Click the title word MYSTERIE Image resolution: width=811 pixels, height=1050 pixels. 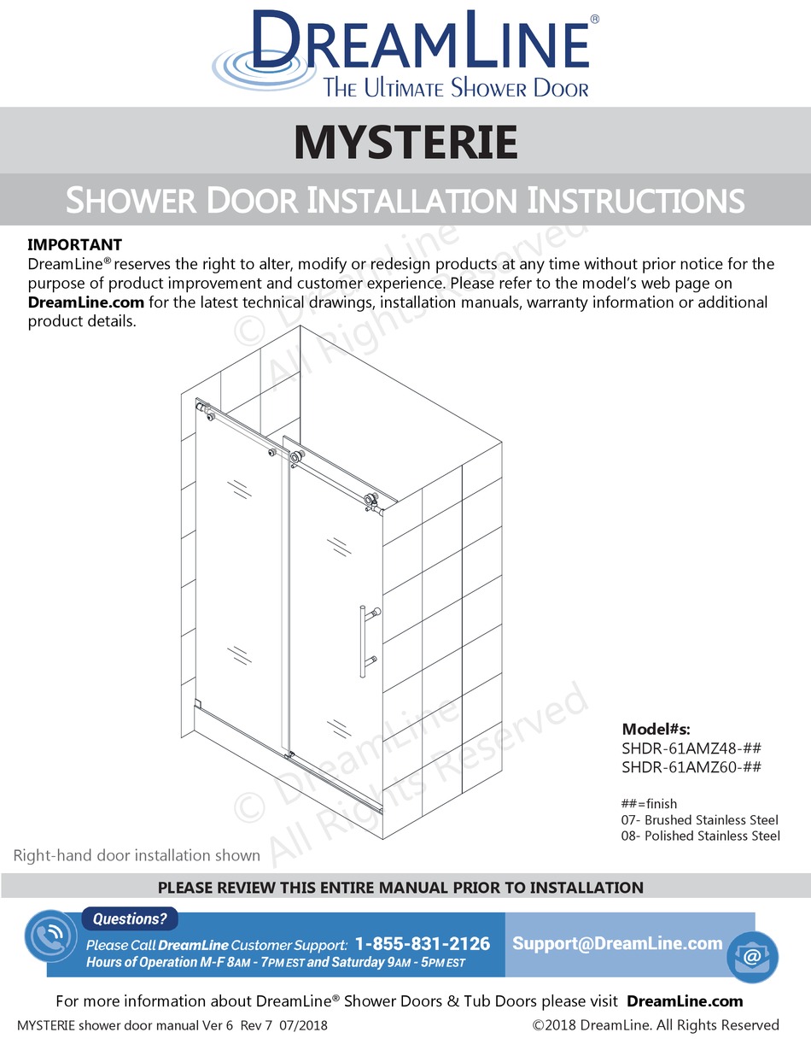tap(405, 142)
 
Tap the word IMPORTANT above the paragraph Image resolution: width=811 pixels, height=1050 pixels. tap(75, 245)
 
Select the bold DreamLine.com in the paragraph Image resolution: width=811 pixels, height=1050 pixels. tap(80, 302)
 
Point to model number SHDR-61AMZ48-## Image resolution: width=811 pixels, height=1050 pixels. tap(691, 748)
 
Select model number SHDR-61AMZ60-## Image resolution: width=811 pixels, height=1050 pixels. tap(691, 766)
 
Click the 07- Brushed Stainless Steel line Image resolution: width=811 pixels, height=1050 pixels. tap(700, 820)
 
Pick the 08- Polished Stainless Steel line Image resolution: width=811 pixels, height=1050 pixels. tap(700, 836)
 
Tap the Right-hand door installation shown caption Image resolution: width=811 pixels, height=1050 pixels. tap(137, 855)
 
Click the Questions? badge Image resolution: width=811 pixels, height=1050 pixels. tap(130, 919)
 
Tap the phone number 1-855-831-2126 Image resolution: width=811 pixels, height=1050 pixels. tap(423, 944)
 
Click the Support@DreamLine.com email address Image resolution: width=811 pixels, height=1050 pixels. tap(617, 943)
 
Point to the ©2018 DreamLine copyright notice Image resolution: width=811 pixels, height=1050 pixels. tap(656, 1025)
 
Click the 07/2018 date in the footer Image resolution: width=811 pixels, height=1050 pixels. tap(298, 1025)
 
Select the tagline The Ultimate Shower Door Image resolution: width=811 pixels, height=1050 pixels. tap(455, 87)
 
